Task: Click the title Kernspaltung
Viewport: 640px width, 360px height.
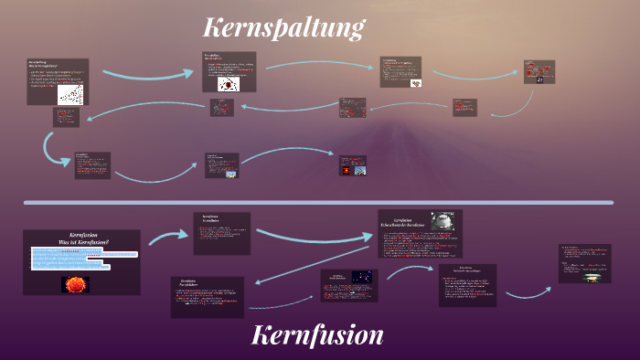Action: coord(283,26)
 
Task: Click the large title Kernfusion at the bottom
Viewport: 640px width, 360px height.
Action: coord(317,335)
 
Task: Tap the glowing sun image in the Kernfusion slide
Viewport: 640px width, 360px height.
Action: coord(75,284)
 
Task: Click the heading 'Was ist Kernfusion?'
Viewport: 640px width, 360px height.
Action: coord(82,241)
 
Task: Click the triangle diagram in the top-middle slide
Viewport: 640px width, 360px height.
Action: coord(227,84)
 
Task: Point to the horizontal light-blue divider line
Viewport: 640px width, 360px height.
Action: coord(320,202)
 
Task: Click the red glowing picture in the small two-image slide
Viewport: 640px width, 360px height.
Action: coord(346,170)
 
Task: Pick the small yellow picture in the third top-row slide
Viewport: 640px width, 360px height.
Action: coord(417,83)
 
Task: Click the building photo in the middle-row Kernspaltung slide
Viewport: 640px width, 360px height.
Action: coord(230,173)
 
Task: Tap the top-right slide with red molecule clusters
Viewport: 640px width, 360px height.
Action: coord(539,72)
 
